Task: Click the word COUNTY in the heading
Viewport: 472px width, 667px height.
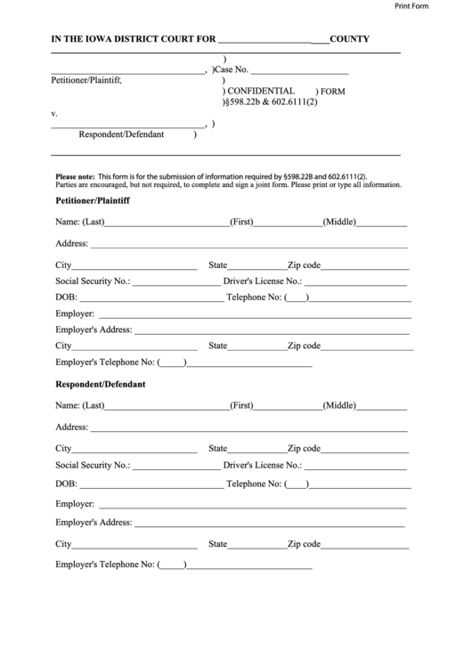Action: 350,39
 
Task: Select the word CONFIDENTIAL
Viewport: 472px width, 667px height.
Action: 261,91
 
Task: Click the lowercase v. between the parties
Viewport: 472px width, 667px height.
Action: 54,114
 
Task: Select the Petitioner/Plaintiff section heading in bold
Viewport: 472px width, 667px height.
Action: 93,201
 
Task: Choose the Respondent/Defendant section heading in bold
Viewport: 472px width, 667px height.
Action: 101,385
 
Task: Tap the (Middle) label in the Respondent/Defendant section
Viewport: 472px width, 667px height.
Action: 339,405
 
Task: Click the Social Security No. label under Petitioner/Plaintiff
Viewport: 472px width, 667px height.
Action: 93,281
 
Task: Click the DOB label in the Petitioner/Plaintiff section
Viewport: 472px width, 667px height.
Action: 66,297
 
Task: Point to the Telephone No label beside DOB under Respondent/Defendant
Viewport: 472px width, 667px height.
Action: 254,484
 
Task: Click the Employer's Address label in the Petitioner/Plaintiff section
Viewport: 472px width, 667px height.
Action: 94,329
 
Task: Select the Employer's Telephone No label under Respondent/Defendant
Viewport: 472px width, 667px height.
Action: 105,564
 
